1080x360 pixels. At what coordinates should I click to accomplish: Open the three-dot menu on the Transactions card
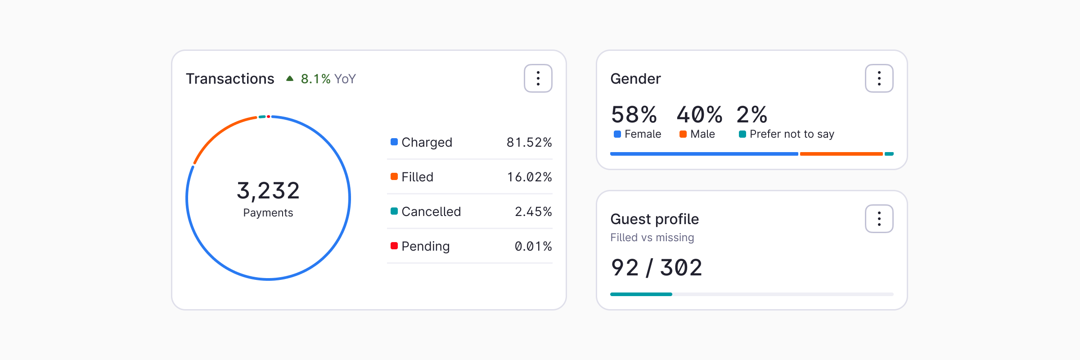(x=538, y=78)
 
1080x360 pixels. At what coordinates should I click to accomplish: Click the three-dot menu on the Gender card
(x=879, y=78)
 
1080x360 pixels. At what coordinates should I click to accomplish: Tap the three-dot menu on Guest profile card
(x=879, y=219)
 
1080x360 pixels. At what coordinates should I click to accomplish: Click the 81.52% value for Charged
(x=529, y=142)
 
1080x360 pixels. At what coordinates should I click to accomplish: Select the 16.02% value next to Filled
(x=529, y=177)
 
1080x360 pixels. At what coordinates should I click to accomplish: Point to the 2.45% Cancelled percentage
(x=533, y=211)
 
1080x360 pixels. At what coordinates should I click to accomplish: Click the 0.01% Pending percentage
(x=533, y=246)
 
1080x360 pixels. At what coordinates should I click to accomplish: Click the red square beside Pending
(x=394, y=246)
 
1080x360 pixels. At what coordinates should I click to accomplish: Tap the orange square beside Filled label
(x=394, y=176)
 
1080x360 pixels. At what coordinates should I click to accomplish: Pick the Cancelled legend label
(x=431, y=211)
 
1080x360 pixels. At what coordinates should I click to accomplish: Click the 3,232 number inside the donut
(x=268, y=190)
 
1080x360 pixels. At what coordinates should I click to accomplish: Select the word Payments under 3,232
(x=268, y=213)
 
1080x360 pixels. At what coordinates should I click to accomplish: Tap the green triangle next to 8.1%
(x=290, y=79)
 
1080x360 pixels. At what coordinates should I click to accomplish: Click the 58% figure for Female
(x=634, y=114)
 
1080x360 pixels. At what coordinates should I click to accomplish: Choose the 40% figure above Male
(x=699, y=114)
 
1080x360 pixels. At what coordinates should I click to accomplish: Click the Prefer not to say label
(x=792, y=134)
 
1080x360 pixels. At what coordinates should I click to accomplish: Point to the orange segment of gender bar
(x=841, y=154)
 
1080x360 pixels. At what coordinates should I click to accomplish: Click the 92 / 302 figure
(x=656, y=268)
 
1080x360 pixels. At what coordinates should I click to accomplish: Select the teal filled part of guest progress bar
(x=641, y=294)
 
